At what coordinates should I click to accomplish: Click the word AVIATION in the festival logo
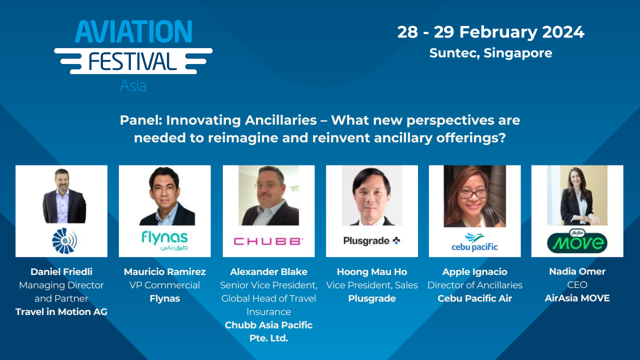tap(133, 31)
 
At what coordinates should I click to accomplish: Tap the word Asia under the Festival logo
tap(133, 85)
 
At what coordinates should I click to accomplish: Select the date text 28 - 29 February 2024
tap(490, 32)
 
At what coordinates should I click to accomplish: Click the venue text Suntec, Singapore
tap(490, 53)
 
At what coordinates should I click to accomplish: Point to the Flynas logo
tap(164, 240)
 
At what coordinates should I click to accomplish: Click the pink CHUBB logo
tap(268, 241)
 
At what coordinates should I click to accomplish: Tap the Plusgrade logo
tap(371, 241)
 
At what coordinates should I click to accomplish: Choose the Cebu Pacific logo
tap(474, 241)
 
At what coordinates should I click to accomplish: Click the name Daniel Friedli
tap(61, 272)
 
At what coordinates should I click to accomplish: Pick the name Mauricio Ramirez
tap(164, 272)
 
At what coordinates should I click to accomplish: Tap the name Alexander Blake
tap(268, 272)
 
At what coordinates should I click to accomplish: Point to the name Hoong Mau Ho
tap(372, 272)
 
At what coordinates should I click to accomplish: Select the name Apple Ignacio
tap(474, 272)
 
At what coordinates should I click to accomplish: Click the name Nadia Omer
tap(577, 271)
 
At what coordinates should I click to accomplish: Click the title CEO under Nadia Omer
tap(577, 285)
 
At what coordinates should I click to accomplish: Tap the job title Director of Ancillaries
tap(474, 285)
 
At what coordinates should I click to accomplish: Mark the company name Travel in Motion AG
tap(61, 311)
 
